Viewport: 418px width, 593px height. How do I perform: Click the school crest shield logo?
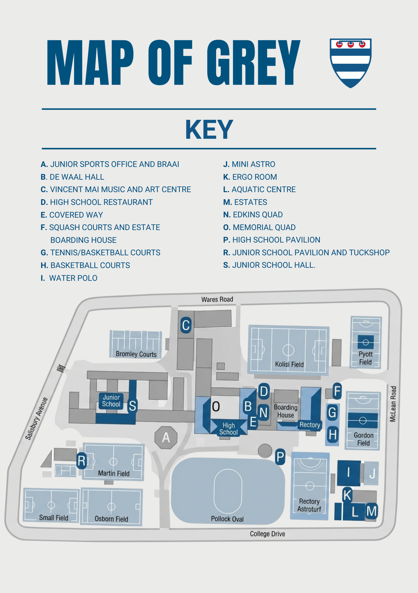(350, 63)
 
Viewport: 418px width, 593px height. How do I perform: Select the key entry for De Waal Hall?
(72, 177)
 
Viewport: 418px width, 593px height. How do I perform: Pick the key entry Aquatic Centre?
(259, 189)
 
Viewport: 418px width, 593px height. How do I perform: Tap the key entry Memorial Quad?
(259, 227)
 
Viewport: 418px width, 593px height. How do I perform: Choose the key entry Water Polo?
(69, 278)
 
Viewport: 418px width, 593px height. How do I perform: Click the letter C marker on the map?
(186, 325)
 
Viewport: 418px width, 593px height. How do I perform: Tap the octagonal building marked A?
(166, 437)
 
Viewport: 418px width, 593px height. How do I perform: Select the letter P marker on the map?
(280, 457)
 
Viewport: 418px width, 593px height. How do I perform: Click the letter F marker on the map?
(337, 391)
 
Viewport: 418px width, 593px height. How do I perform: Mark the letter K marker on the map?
(347, 495)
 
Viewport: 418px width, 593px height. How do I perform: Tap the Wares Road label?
(217, 299)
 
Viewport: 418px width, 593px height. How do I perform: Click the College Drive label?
(267, 534)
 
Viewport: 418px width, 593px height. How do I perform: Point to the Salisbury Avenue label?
(36, 419)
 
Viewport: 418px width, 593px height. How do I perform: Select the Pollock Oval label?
(227, 519)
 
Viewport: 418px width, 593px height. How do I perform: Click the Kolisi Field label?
(289, 364)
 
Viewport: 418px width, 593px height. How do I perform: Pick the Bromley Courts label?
(136, 354)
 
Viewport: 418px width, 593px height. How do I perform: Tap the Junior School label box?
(111, 401)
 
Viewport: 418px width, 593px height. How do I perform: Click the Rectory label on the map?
(310, 425)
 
